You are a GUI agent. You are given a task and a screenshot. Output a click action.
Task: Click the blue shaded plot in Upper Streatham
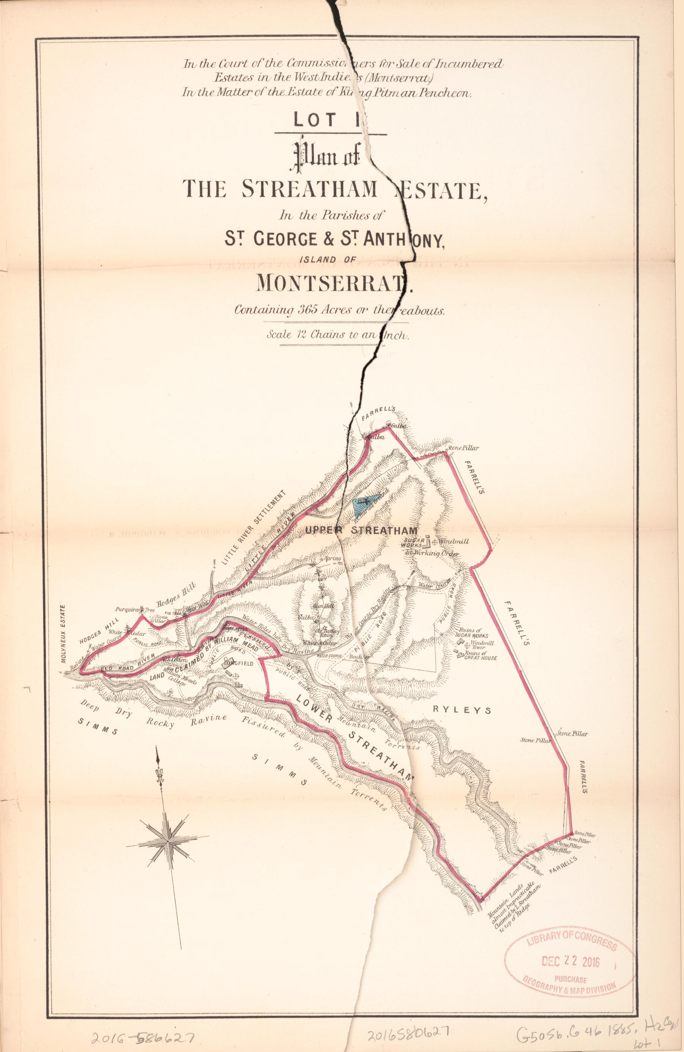coord(366,505)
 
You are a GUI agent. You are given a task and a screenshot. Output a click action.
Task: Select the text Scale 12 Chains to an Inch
coord(338,335)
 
